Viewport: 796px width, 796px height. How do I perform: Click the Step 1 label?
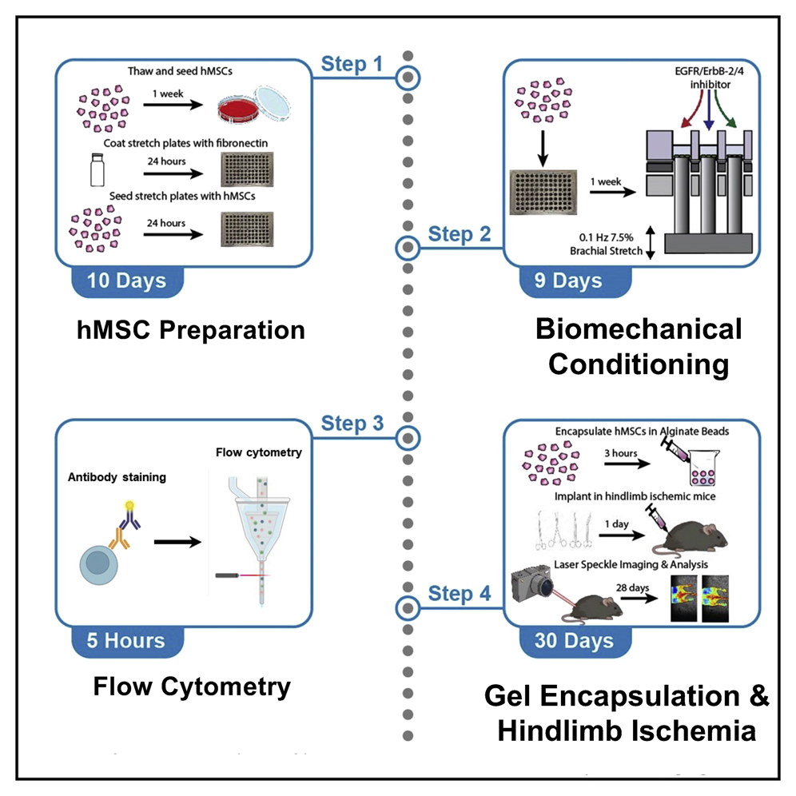352,64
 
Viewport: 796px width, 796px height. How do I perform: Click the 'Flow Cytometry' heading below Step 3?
192,686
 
